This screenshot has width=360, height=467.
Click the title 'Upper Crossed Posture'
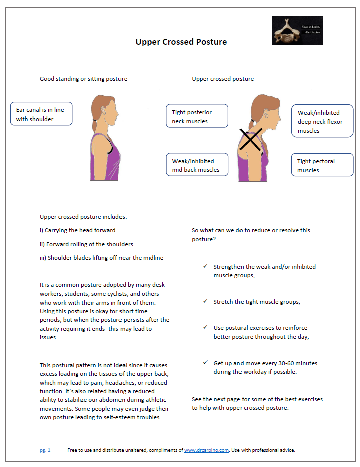pyautogui.click(x=181, y=42)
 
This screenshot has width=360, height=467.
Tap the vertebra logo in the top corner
pyautogui.click(x=297, y=30)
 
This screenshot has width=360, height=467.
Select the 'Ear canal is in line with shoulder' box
pyautogui.click(x=41, y=114)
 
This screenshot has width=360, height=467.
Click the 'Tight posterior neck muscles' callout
pyautogui.click(x=197, y=116)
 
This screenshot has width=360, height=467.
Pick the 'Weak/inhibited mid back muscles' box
pyautogui.click(x=197, y=165)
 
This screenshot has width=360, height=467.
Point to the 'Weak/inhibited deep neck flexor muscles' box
pyautogui.click(x=322, y=122)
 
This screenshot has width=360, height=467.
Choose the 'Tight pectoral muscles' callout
pyautogui.click(x=322, y=165)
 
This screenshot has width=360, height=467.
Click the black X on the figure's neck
pyautogui.click(x=250, y=139)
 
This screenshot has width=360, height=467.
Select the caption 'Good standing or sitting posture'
pyautogui.click(x=83, y=79)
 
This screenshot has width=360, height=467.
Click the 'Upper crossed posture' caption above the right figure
pyautogui.click(x=222, y=79)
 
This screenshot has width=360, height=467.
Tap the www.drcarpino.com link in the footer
pyautogui.click(x=207, y=450)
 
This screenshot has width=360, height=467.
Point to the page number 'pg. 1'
pyautogui.click(x=45, y=450)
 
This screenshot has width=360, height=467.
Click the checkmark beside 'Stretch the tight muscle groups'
pyautogui.click(x=205, y=301)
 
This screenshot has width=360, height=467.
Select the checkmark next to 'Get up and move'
pyautogui.click(x=205, y=363)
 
